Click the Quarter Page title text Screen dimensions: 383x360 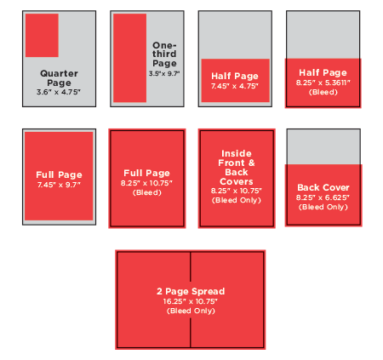click(59, 78)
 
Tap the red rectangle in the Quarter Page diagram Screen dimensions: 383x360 click(42, 35)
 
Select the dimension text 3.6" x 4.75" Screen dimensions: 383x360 click(59, 92)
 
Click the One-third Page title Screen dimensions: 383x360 click(164, 54)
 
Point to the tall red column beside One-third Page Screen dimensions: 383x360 click(129, 58)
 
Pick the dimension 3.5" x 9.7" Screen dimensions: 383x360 click(164, 74)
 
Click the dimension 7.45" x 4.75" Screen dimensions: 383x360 click(235, 86)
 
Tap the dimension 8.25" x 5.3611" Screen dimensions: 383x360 click(323, 83)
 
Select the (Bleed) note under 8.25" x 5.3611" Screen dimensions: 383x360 click(323, 92)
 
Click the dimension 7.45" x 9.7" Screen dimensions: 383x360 click(59, 185)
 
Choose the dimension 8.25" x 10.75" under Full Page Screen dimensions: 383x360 click(146, 183)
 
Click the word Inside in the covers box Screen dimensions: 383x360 click(237, 153)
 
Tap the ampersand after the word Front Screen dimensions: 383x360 click(251, 163)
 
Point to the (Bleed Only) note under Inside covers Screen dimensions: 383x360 click(237, 200)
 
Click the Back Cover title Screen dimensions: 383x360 click(323, 187)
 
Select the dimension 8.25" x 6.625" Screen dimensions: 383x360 click(323, 197)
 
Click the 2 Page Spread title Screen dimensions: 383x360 click(191, 291)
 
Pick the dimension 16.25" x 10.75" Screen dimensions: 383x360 click(191, 301)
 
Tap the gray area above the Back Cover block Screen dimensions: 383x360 click(323, 146)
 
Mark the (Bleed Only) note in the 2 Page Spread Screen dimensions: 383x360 click(191, 311)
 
